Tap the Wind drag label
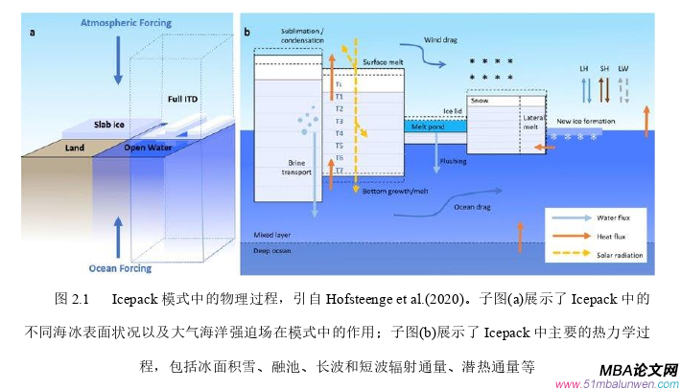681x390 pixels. [x=442, y=42]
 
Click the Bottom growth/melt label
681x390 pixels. [x=396, y=192]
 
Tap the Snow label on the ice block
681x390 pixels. [x=480, y=100]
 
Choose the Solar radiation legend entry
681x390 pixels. [x=619, y=255]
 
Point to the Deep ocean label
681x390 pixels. [x=272, y=251]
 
